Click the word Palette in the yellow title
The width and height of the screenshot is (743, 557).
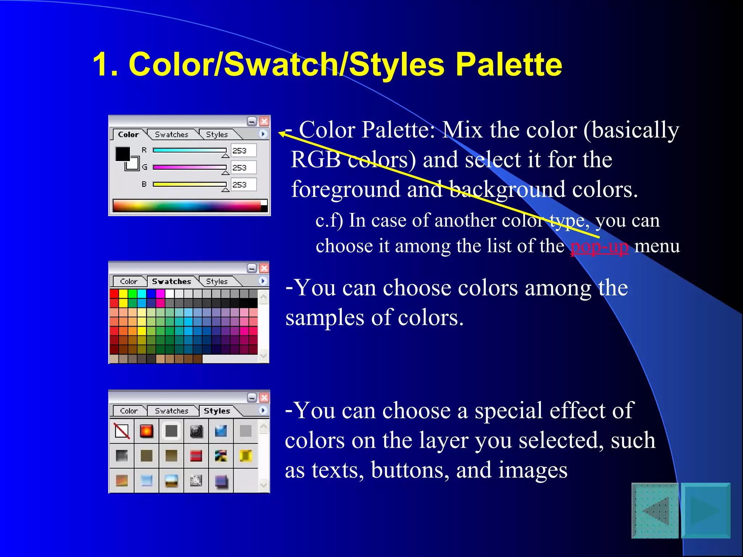(508, 65)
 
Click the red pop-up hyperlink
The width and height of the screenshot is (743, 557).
(599, 247)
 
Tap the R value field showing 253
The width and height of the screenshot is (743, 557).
(243, 150)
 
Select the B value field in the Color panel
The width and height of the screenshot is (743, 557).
(243, 185)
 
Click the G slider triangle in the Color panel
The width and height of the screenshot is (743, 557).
(225, 173)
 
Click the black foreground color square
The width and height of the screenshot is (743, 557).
(123, 154)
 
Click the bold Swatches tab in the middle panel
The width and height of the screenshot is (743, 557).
(171, 281)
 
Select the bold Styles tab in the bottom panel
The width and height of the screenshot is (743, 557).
(217, 411)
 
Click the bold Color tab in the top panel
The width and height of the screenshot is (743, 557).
(128, 135)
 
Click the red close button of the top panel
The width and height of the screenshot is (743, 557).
(264, 121)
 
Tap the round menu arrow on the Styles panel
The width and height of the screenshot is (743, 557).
(263, 410)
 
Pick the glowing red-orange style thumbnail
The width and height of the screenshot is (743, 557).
(147, 431)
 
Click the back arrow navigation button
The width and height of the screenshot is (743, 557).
(655, 511)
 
